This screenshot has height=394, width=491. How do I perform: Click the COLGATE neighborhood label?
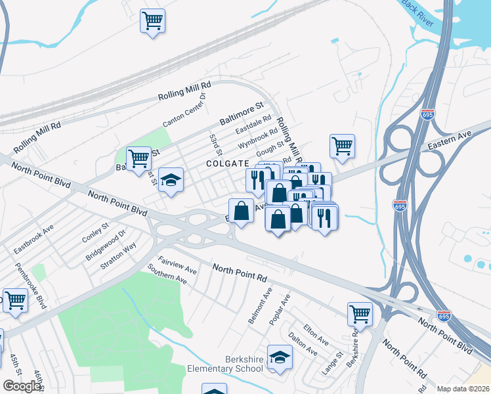click(227, 164)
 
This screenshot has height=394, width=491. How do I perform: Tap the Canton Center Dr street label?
click(184, 110)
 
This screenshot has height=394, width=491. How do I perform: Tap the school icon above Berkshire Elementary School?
click(280, 357)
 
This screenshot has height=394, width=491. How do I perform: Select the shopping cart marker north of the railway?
click(152, 21)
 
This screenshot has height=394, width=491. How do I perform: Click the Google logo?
click(22, 386)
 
